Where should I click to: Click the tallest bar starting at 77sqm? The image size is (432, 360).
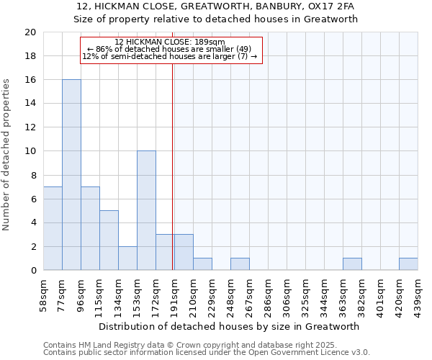(x=71, y=175)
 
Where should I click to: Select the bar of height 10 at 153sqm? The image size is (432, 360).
(x=146, y=210)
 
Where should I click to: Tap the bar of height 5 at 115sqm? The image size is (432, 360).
(x=109, y=240)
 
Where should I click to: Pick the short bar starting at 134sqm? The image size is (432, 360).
(x=127, y=258)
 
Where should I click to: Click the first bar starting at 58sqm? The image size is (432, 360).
(x=53, y=228)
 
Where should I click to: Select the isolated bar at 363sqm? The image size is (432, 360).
(x=352, y=264)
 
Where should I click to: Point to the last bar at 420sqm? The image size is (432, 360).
(x=408, y=264)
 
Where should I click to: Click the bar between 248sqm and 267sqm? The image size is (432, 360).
(x=240, y=264)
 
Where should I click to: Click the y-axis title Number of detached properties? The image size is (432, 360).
(x=6, y=155)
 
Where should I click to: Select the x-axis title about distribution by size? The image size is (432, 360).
(x=228, y=326)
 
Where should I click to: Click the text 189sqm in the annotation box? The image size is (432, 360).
(x=210, y=42)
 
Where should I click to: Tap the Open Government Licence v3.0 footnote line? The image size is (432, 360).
(x=207, y=352)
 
